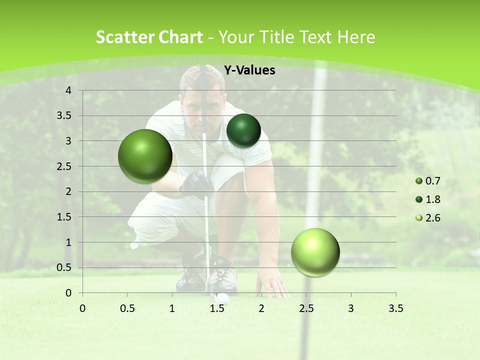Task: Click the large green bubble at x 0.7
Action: pos(145,156)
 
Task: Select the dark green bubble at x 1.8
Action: pos(243,130)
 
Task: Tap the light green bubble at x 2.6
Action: pos(315,252)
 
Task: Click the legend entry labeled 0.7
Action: pos(428,181)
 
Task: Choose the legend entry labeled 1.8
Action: pos(428,199)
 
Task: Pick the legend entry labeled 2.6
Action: pos(428,218)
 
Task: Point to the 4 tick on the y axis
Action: pos(69,90)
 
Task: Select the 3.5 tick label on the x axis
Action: pos(395,308)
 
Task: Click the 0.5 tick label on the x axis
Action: pos(127,308)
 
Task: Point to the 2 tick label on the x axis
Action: pos(261,308)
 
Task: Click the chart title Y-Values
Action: pos(249,70)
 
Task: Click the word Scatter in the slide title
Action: pos(121,37)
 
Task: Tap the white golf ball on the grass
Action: pos(222,299)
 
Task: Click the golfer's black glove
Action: pos(196,183)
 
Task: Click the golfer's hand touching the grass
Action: pos(274,287)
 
